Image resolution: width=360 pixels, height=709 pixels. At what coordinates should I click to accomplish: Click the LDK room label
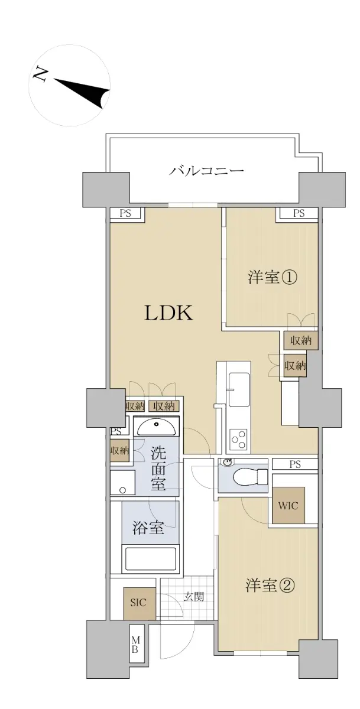(168, 313)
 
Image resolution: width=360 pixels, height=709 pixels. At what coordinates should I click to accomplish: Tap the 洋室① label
(272, 278)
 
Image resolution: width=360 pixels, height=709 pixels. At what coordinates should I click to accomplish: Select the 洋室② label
(270, 586)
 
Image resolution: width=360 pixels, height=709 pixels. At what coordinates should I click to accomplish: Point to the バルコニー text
(206, 171)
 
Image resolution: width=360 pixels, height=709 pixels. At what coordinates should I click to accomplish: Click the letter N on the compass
(40, 76)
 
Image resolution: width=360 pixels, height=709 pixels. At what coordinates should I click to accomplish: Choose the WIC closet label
(288, 506)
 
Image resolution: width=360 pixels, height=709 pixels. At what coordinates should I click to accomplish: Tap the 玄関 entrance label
(194, 597)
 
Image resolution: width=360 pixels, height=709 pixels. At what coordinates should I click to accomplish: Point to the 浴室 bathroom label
(148, 528)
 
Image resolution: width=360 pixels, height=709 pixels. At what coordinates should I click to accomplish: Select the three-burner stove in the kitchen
(239, 440)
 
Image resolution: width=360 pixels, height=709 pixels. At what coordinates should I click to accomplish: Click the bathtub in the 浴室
(151, 559)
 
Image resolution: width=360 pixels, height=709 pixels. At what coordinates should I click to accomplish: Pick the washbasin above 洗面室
(156, 428)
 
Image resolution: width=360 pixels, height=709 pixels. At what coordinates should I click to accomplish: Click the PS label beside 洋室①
(299, 213)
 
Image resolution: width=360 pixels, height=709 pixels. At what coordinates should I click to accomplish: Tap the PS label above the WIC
(295, 464)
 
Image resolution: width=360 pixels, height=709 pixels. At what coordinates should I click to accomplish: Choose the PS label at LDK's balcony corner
(125, 213)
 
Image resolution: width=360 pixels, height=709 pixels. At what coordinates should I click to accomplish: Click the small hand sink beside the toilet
(225, 463)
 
